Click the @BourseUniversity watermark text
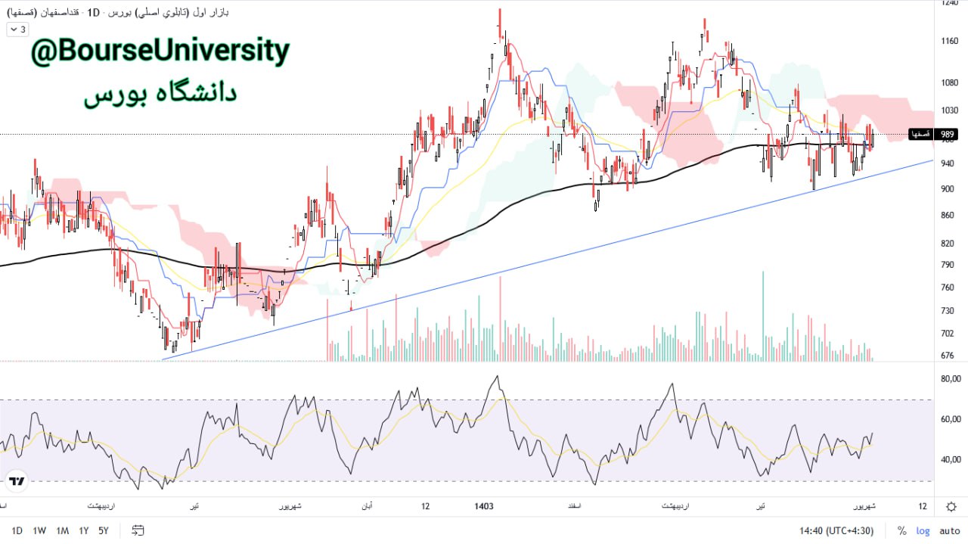pos(160,52)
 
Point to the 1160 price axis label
pos(948,41)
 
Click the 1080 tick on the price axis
pos(948,82)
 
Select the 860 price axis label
pos(947,216)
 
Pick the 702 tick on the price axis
pos(947,334)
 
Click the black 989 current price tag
pos(947,134)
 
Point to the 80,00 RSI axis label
pos(950,379)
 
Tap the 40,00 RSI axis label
pos(950,459)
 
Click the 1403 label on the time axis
pos(483,506)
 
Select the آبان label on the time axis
pos(365,506)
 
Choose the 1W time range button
pos(39,530)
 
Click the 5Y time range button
pos(104,530)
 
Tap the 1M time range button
pos(62,530)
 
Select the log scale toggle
pos(923,530)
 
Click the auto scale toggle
pos(948,530)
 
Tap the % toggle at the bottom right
pos(901,530)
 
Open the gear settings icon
pos(951,506)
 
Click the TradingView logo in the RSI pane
pos(17,480)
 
